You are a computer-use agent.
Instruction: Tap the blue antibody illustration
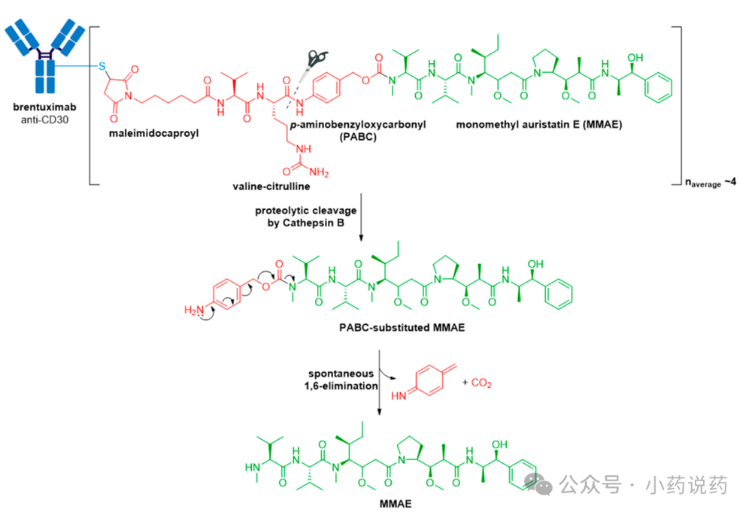44,56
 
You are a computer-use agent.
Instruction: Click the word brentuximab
44,107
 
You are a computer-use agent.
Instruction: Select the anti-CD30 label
44,120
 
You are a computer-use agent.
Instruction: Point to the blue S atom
102,66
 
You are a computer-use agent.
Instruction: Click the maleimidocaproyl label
153,133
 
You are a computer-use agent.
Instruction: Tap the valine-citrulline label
271,186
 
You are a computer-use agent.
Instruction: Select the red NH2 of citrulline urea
319,171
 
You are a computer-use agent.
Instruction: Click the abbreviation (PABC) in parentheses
358,137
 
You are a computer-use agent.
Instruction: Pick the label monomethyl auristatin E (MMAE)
539,125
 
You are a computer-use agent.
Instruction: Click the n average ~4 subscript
711,183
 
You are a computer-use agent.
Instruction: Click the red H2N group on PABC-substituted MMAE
194,311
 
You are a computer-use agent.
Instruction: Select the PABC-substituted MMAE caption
402,328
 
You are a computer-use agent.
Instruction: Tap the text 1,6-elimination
341,386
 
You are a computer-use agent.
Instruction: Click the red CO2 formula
481,383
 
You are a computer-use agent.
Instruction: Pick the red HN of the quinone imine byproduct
399,395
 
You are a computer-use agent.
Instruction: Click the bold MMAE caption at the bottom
396,504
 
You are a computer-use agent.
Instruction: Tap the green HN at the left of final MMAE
252,467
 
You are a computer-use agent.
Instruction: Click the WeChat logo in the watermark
538,485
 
